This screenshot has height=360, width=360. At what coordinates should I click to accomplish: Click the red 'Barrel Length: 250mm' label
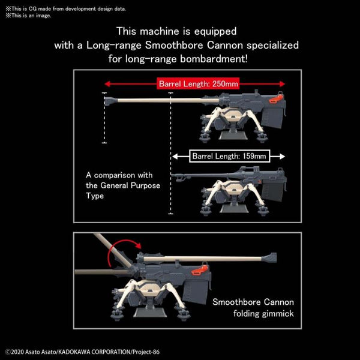[198, 83]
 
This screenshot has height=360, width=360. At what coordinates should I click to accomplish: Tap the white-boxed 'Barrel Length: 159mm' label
[229, 156]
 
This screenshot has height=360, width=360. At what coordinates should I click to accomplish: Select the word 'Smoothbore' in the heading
[174, 45]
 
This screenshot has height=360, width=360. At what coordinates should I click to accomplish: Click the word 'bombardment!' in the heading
[214, 59]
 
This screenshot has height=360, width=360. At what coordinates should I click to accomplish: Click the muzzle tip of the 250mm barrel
[105, 100]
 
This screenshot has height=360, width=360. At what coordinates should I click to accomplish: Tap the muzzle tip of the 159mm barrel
[172, 175]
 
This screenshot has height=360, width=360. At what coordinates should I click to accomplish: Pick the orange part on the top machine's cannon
[276, 98]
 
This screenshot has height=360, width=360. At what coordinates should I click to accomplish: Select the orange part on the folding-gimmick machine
[199, 270]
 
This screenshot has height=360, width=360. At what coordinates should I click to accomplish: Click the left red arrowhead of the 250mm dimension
[107, 84]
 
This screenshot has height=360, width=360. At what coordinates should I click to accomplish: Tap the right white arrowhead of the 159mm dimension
[282, 157]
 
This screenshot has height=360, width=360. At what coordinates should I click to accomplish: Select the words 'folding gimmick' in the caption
[263, 314]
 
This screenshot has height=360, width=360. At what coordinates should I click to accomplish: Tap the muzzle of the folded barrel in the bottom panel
[271, 257]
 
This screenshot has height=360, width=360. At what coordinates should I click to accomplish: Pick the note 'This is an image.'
[28, 16]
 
